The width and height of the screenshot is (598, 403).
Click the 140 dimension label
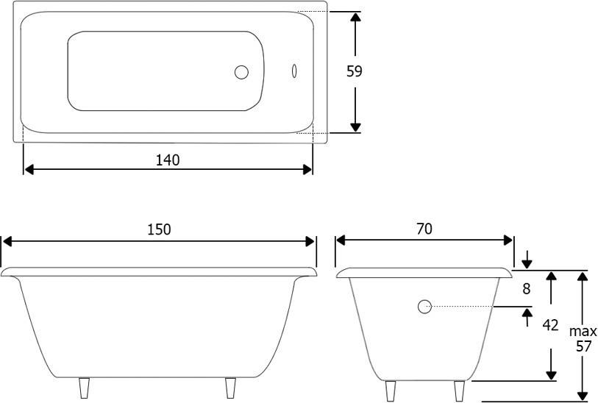pos(168,160)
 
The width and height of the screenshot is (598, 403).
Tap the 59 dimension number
pos(355,71)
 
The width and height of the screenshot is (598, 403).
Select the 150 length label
pos(159,229)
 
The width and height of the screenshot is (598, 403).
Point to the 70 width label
pos(424,229)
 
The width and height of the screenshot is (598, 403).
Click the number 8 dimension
pos(527,289)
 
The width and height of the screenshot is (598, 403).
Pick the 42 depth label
pos(550,325)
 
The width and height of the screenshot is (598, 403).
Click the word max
pos(583,332)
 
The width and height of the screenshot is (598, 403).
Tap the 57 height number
pos(583,346)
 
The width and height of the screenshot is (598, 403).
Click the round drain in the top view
pos(241,72)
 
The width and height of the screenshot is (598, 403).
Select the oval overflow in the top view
pos(294,71)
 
